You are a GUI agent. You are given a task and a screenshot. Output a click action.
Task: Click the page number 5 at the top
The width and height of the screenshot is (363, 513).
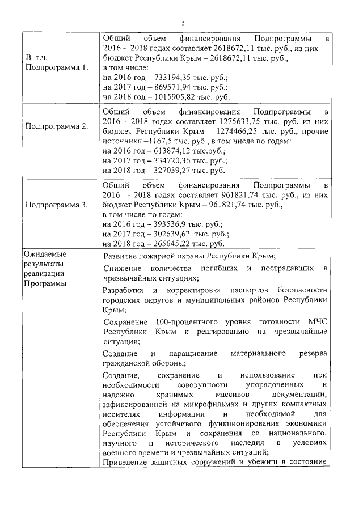[x=183, y=23]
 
